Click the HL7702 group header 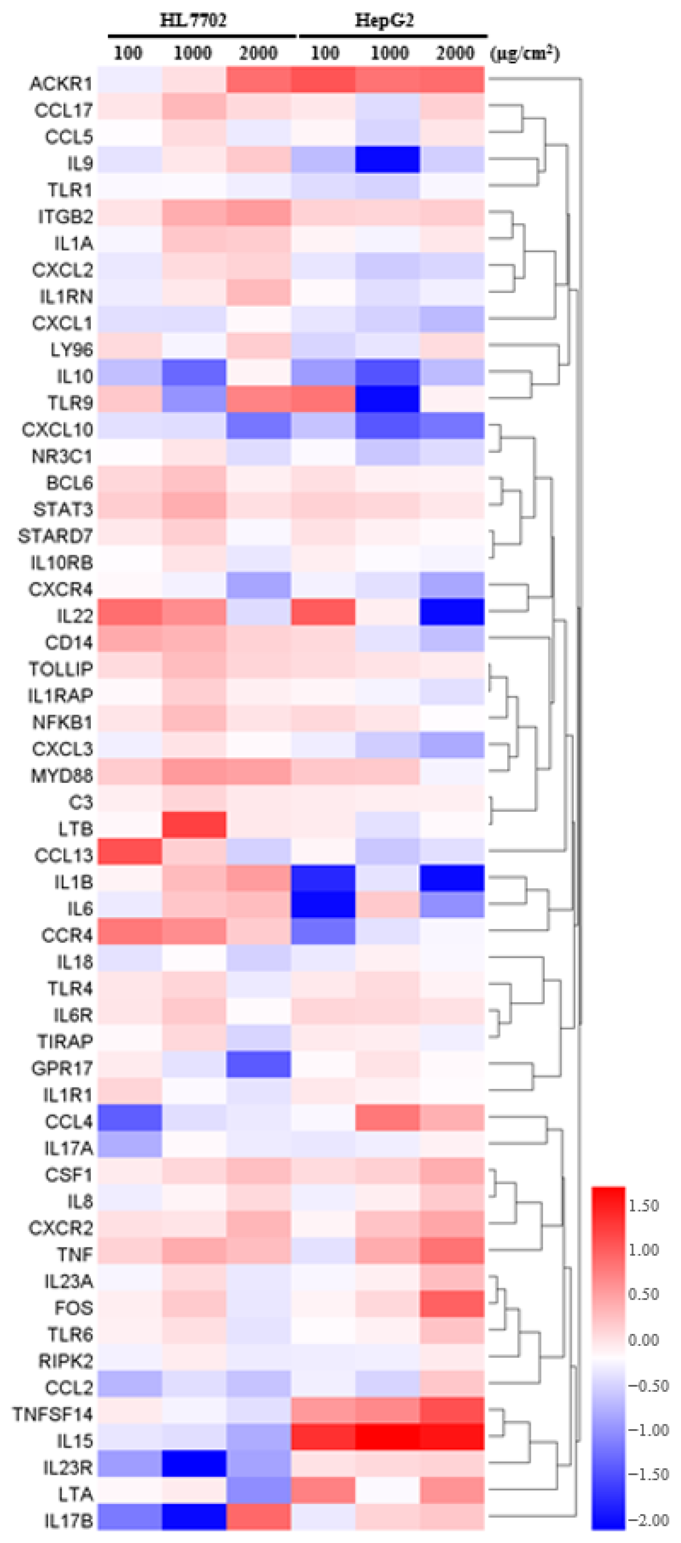point(193,20)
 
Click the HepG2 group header point(384,20)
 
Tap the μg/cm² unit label point(525,54)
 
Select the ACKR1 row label point(61,83)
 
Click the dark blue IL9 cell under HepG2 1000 point(387,159)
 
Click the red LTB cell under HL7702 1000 point(194,825)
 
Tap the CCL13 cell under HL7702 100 point(130,851)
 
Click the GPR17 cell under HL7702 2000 point(259,1064)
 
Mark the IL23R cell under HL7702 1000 point(194,1464)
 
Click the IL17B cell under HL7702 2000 point(259,1517)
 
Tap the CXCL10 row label point(58,430)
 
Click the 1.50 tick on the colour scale point(643,1205)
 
